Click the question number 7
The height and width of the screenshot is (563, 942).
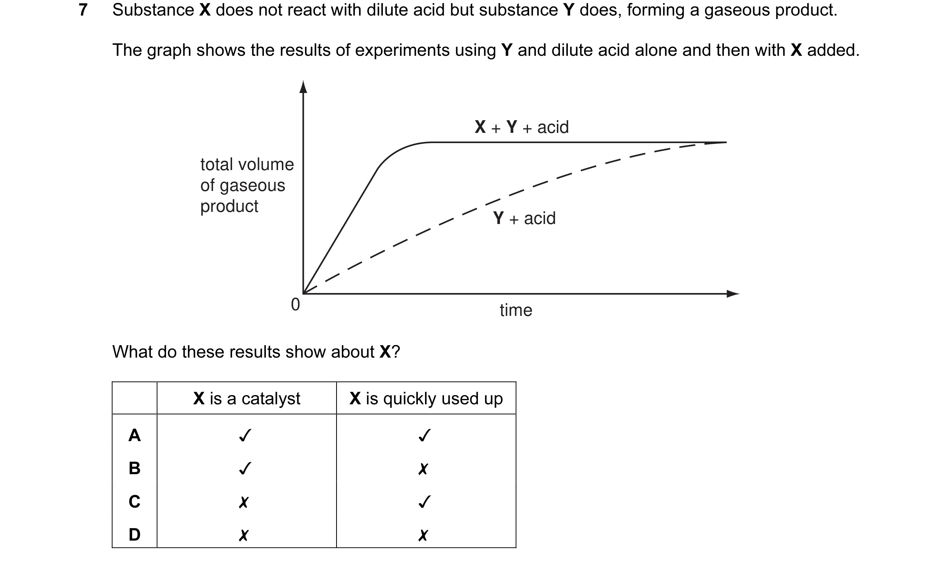[83, 10]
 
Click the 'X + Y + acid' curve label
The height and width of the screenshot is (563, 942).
[522, 127]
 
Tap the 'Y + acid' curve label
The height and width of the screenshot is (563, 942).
[524, 218]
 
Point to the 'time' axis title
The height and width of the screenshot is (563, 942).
[516, 310]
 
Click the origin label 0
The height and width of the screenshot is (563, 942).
[295, 304]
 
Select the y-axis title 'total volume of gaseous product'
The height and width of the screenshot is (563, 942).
[247, 185]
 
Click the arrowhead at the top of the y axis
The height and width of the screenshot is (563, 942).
[303, 87]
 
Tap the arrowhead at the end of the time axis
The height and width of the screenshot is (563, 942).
[733, 294]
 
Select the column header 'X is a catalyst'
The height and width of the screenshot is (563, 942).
[247, 399]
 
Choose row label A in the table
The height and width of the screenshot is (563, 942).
[134, 435]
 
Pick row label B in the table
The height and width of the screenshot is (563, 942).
[134, 468]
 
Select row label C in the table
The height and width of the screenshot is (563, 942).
[134, 501]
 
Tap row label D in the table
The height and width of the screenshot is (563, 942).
[134, 535]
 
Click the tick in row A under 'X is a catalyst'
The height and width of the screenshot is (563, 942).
[245, 435]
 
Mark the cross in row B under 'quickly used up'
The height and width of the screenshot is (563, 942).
[423, 469]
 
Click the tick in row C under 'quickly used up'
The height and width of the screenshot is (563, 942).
[424, 501]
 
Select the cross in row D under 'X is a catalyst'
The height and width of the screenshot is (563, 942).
[243, 535]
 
